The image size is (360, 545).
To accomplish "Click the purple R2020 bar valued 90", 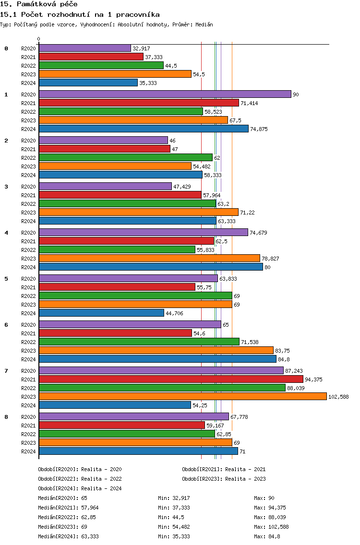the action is pos(165,94).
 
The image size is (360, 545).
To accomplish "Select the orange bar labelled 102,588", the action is pos(182,397).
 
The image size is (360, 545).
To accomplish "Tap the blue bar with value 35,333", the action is pos(88,83).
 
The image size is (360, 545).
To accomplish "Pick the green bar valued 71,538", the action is pos(139,342).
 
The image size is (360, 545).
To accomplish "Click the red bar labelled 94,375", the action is pos(171,379).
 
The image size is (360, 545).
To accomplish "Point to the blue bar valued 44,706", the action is pos(101,313).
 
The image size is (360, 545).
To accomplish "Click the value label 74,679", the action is pos(258,233).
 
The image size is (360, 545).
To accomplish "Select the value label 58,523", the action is pos(213,112).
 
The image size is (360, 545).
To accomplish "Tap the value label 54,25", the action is pos(200,405).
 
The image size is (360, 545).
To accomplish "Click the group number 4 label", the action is pos(6,233).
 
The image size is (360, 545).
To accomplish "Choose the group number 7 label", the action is pos(6,371).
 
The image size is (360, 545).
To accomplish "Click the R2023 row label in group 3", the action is pos(28,213).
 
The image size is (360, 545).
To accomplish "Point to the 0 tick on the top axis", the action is pos(38,39).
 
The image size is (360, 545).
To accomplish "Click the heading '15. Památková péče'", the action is pos(38,4).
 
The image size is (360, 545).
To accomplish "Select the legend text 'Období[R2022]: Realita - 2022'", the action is pos(80,479).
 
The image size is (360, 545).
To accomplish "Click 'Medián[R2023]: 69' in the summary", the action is pos(62,527).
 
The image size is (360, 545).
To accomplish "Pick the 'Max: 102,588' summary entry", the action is pos(271,527).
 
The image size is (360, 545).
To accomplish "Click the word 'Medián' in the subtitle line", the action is pos(204,24).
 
